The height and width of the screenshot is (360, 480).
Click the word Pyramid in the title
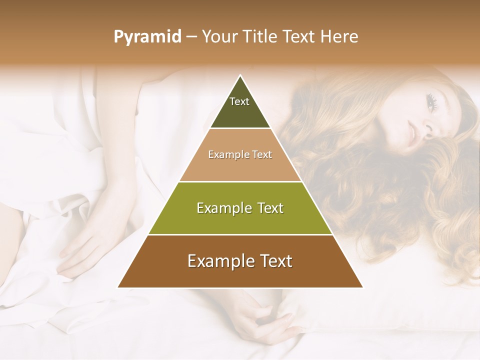[x=147, y=37]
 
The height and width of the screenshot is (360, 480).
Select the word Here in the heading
[x=339, y=37]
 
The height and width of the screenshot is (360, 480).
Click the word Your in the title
[x=219, y=37]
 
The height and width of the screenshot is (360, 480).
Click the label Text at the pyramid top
[x=239, y=101]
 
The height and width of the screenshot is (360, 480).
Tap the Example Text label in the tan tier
[x=240, y=154]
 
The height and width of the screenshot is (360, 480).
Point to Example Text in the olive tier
[x=240, y=208]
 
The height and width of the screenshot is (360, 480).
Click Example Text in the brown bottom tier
[x=240, y=261]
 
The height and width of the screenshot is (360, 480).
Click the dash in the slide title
[x=191, y=37]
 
